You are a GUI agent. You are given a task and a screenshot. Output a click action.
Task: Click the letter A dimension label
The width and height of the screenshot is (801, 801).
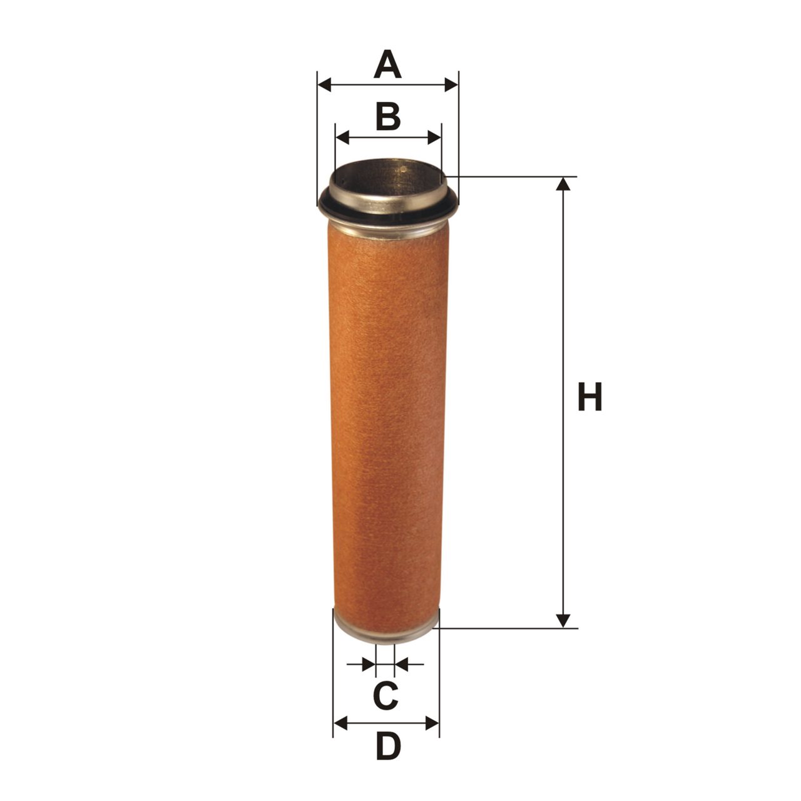point(387,65)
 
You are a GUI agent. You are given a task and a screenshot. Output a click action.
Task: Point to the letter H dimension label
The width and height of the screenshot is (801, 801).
point(590,397)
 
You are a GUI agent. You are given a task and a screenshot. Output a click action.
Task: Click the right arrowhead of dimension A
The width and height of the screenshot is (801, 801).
point(451,85)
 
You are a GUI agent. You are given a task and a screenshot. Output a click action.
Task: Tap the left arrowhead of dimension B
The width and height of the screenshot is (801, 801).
point(342,137)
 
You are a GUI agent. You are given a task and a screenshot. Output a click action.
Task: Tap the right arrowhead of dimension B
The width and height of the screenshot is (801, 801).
point(434,137)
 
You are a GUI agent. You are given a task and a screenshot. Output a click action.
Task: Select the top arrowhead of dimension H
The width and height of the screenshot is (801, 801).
point(563,184)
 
